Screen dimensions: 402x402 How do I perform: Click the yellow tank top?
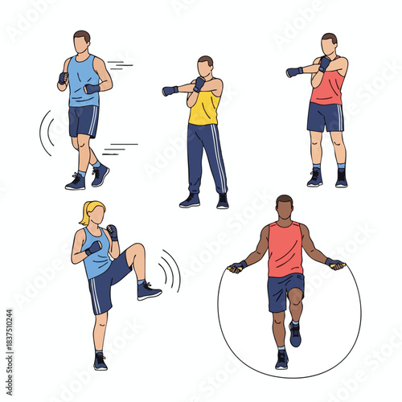204,108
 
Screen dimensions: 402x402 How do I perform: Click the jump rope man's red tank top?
285,250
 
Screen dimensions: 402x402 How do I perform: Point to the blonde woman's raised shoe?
148,290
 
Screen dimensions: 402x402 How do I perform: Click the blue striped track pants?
206,158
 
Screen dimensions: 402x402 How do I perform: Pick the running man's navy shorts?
83,121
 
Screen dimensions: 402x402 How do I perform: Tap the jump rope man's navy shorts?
285,290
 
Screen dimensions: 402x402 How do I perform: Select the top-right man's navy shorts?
325,117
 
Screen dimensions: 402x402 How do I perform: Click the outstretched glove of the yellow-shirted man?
170,91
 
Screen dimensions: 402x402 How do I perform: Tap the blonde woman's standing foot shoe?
100,361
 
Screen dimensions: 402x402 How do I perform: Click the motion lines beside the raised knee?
169,270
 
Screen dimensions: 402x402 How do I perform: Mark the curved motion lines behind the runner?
46,133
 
